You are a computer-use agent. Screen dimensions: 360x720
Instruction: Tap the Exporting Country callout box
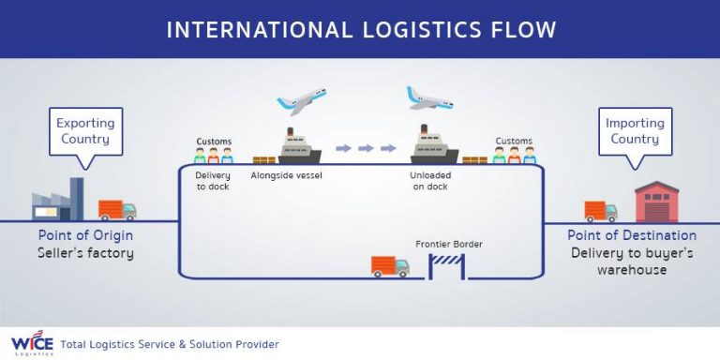click(x=85, y=131)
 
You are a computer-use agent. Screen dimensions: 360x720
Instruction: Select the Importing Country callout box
click(x=635, y=131)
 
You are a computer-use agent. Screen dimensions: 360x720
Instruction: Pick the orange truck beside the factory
click(x=117, y=210)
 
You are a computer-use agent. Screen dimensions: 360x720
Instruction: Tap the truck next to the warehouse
click(x=601, y=211)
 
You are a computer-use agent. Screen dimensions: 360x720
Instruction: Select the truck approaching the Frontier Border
click(x=390, y=266)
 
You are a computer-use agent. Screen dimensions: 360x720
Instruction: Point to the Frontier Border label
click(x=448, y=245)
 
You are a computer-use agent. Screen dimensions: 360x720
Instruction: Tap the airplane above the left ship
click(x=301, y=100)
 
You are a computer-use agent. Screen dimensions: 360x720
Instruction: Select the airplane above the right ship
click(x=430, y=97)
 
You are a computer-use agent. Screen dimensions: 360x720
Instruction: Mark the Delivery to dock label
click(x=213, y=180)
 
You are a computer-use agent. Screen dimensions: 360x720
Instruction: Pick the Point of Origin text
click(x=85, y=235)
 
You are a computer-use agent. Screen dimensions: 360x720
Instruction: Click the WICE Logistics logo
click(x=30, y=343)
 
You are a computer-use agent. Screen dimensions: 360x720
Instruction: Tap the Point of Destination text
click(x=632, y=235)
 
